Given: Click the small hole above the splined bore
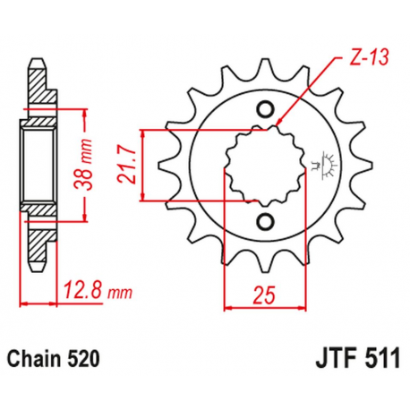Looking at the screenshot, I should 265,110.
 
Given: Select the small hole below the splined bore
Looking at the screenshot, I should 265,221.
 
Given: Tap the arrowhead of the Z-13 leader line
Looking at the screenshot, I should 279,123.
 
